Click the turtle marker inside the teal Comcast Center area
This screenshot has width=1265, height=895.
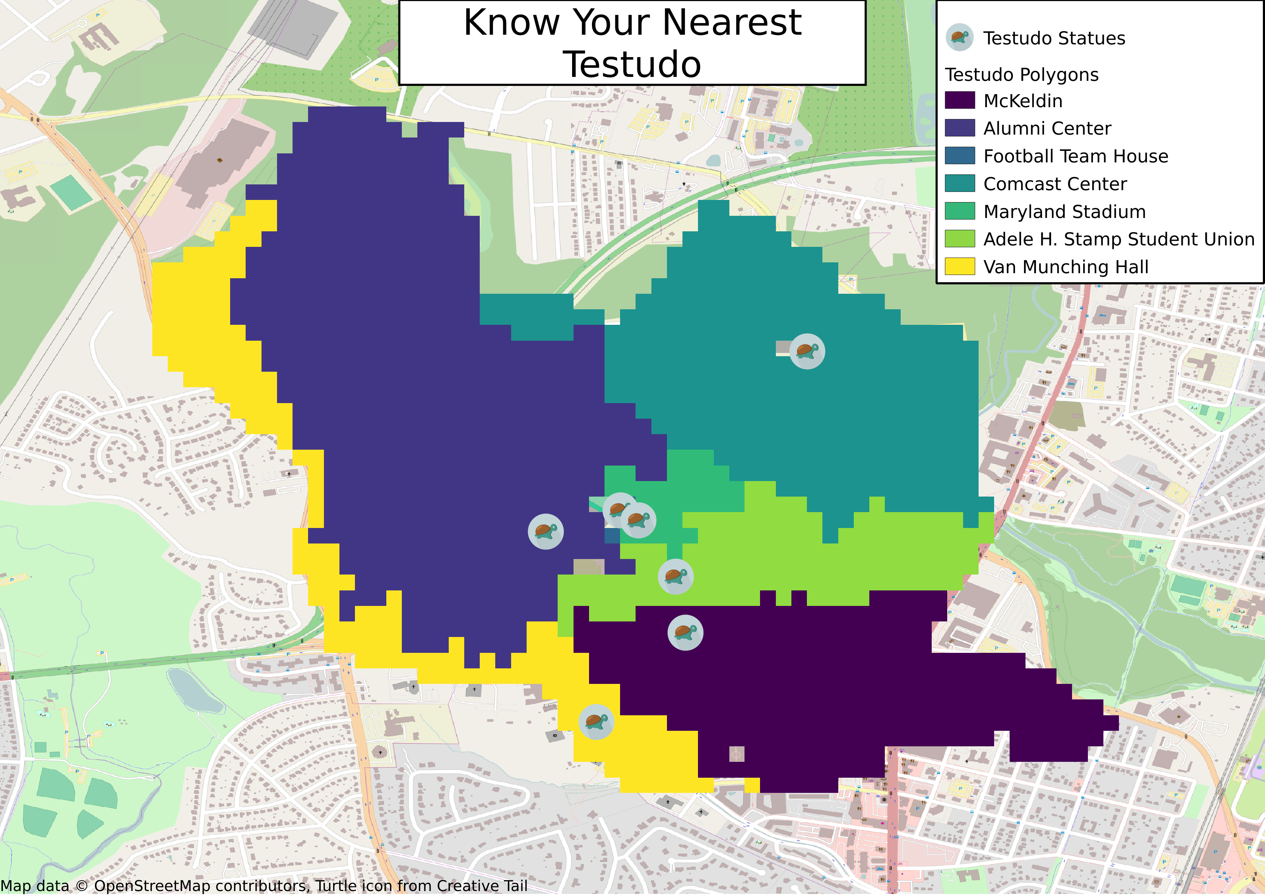[x=807, y=351]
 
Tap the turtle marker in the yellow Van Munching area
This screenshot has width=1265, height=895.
[x=596, y=721]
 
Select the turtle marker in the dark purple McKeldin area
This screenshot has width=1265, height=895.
[x=685, y=632]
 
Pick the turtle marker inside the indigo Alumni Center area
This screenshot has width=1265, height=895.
[x=545, y=531]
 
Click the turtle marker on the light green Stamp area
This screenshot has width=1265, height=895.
[x=676, y=576]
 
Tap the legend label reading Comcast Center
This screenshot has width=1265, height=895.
[x=1055, y=184]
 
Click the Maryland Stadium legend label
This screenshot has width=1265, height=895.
[x=1064, y=211]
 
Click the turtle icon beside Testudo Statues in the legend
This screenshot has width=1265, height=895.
[x=959, y=38]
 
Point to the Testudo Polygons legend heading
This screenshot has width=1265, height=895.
[x=1022, y=74]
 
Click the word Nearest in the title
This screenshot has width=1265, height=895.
[x=732, y=23]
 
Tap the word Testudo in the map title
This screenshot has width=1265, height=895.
[x=632, y=65]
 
